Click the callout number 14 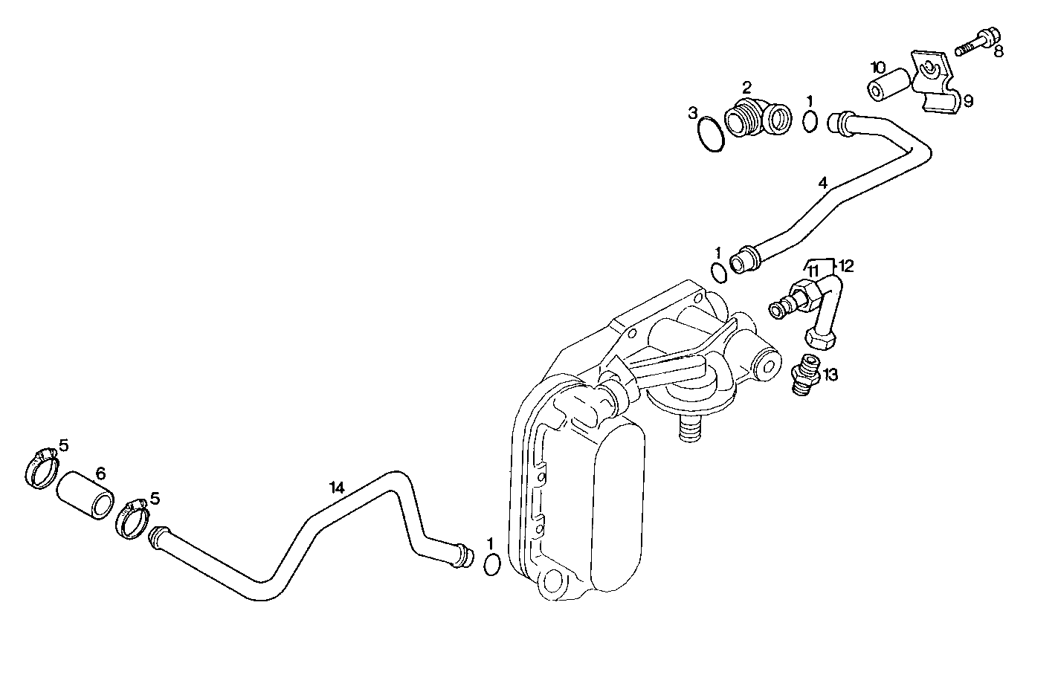tap(337, 488)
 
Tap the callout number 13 tap(830, 375)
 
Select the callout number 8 tap(999, 51)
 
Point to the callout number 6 tap(100, 473)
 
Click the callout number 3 tap(693, 113)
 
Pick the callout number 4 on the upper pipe tap(822, 182)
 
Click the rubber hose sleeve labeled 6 tap(86, 494)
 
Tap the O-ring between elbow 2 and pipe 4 tap(811, 120)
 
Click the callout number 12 tap(846, 265)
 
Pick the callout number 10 tap(878, 67)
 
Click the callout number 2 tap(747, 87)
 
